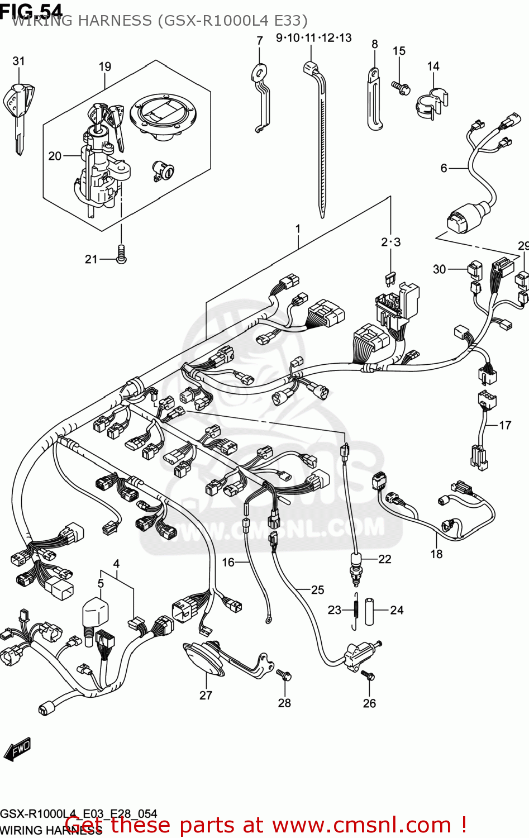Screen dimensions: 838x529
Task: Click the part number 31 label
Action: tap(18, 61)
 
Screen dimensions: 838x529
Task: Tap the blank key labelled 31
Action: tap(20, 112)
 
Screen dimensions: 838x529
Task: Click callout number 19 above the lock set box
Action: tap(105, 66)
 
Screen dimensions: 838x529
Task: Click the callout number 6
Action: tap(444, 168)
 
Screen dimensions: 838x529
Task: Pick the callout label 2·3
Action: tap(390, 242)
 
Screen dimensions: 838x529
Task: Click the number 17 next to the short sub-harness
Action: tap(505, 425)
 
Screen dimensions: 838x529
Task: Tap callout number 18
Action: tap(436, 554)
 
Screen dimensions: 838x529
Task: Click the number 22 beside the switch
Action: tap(385, 559)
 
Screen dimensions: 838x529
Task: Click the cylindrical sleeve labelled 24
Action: tap(369, 611)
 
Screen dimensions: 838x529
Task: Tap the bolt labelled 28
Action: tap(284, 675)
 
